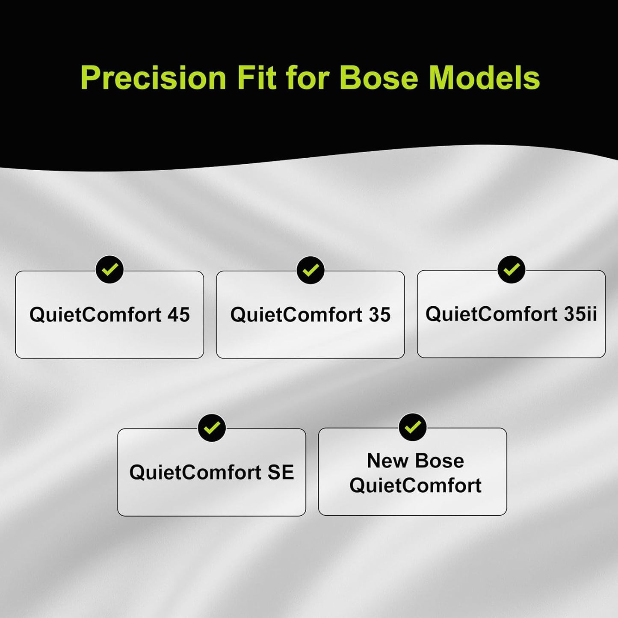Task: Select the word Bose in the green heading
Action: [379, 78]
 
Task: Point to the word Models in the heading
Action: [484, 78]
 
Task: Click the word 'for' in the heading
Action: [308, 78]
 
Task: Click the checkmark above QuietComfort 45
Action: [109, 269]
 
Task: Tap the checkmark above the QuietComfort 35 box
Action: [310, 270]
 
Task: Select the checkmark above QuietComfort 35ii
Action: [511, 269]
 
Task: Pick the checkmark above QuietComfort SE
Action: [212, 428]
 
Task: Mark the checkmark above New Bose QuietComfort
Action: [412, 427]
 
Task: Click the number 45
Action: [178, 315]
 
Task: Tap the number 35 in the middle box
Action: [379, 315]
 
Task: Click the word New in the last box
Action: [387, 461]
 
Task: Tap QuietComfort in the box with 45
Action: [95, 315]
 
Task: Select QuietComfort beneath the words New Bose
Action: [415, 485]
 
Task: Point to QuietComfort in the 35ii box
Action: [491, 314]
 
